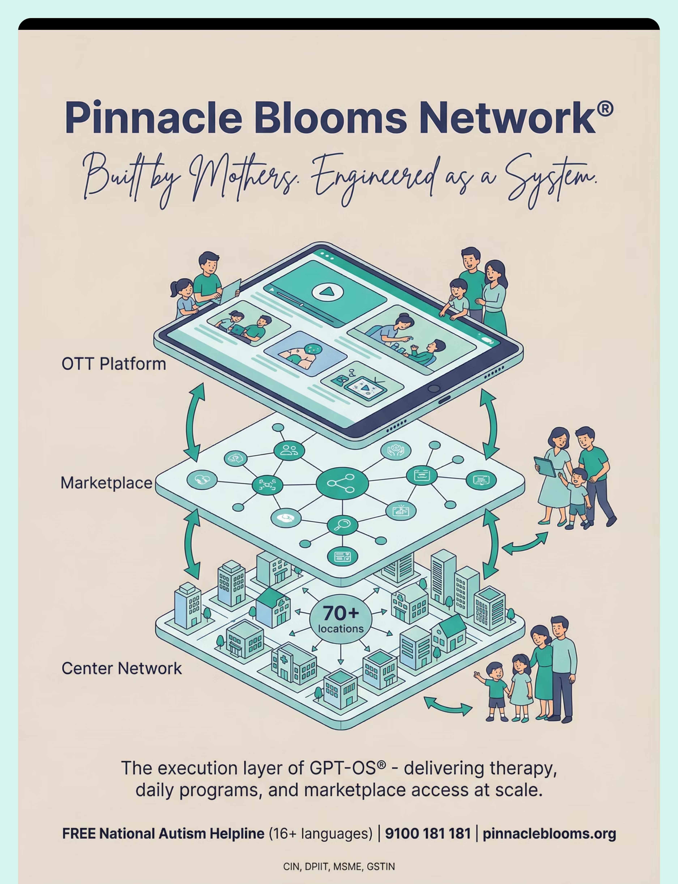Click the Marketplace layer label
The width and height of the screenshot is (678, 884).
[x=106, y=483]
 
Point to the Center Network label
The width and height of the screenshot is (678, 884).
[x=121, y=668]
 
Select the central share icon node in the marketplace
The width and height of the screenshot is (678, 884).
[x=342, y=483]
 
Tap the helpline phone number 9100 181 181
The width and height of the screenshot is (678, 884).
[x=428, y=834]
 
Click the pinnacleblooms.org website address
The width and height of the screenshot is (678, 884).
[x=549, y=834]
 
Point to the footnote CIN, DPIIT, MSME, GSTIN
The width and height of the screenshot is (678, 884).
[x=339, y=867]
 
